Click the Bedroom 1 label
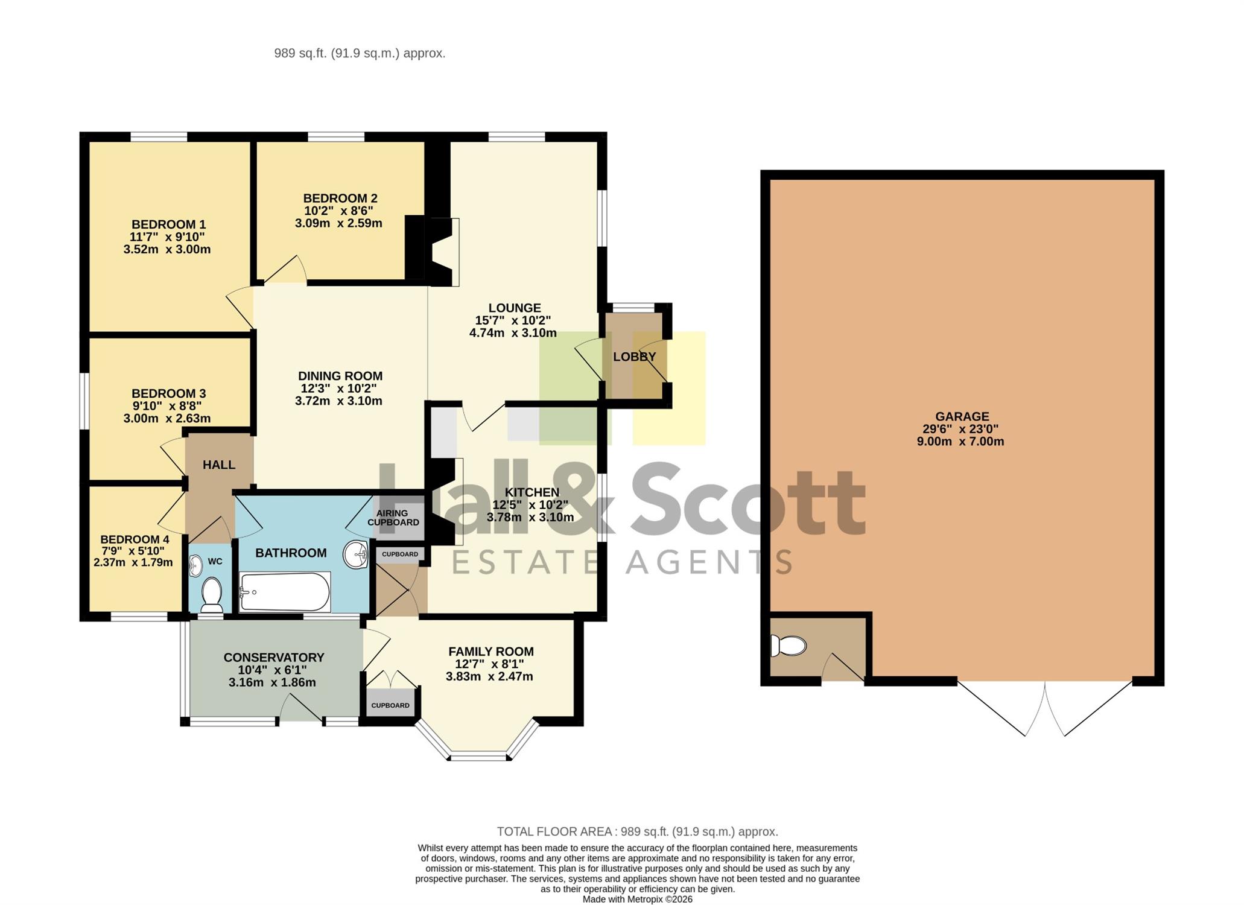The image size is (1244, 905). (168, 224)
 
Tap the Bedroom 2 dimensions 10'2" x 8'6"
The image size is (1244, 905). (338, 211)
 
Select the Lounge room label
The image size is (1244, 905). (515, 308)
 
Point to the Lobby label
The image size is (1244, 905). (634, 357)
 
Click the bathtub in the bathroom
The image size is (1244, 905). (285, 592)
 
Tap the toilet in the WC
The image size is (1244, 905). (211, 594)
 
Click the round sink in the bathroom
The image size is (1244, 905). (355, 554)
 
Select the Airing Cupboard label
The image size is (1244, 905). (393, 518)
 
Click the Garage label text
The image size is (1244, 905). (962, 416)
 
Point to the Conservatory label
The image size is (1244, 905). (274, 658)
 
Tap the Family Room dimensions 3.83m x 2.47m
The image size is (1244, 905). (489, 676)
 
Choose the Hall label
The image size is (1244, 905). (219, 465)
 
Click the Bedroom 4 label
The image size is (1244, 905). (135, 539)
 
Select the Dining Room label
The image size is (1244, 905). (340, 376)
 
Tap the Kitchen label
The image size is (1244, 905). (532, 492)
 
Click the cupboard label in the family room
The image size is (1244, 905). (390, 705)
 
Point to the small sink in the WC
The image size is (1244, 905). (195, 565)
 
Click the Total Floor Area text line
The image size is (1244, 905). (638, 831)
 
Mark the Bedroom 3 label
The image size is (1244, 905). (168, 393)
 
